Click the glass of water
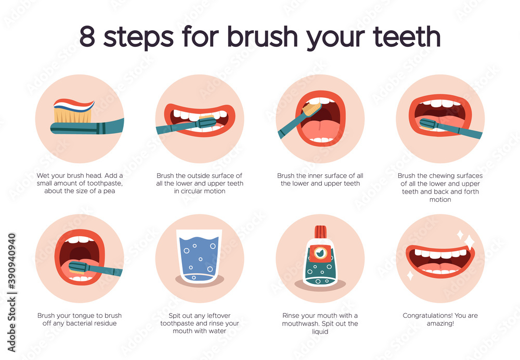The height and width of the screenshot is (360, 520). point(199,254)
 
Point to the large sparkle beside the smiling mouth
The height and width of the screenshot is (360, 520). point(469,241)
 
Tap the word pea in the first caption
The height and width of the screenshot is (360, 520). point(109,190)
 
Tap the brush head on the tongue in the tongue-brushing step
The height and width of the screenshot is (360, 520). point(77,267)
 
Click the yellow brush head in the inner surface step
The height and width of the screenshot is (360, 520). point(312,109)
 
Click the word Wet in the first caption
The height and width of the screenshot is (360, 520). point(43,176)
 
